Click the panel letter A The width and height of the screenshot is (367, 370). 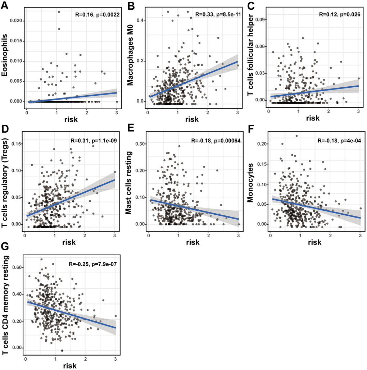pyautogui.click(x=5, y=6)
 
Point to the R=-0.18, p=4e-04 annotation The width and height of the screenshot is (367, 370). pyautogui.click(x=337, y=141)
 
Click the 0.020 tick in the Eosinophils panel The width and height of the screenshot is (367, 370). pyautogui.click(x=17, y=21)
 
